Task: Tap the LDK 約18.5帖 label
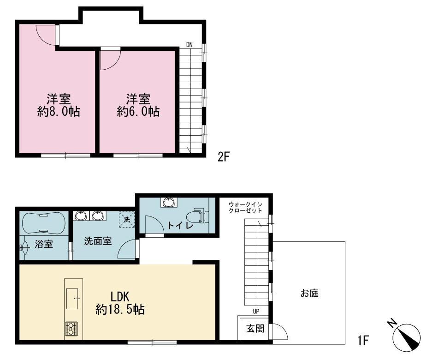click(120, 303)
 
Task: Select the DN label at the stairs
click(189, 44)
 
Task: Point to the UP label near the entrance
click(256, 311)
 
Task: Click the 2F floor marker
click(224, 157)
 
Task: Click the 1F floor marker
click(363, 340)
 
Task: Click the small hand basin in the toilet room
click(169, 202)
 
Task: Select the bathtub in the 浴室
click(43, 222)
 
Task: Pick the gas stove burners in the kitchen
click(71, 329)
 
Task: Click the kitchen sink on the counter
click(72, 299)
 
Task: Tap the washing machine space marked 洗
click(127, 219)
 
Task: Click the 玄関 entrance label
click(255, 329)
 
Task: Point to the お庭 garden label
click(309, 293)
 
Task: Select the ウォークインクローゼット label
click(245, 207)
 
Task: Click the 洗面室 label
click(98, 241)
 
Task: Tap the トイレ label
click(180, 225)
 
